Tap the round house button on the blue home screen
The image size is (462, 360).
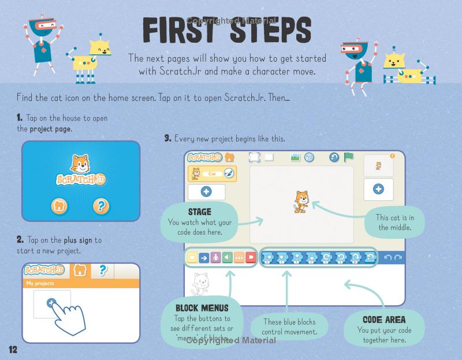pyautogui.click(x=59, y=205)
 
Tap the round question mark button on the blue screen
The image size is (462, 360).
pyautogui.click(x=101, y=205)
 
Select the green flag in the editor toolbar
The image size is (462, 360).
pyautogui.click(x=348, y=157)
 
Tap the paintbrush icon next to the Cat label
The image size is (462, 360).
pyautogui.click(x=228, y=173)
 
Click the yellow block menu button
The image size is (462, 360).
pyautogui.click(x=191, y=257)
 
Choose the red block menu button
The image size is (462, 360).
pyautogui.click(x=251, y=257)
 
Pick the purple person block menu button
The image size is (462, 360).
pyautogui.click(x=215, y=257)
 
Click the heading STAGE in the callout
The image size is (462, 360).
pyautogui.click(x=199, y=212)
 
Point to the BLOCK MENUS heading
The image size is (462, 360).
pyautogui.click(x=202, y=307)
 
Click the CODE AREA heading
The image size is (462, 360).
pyautogui.click(x=384, y=319)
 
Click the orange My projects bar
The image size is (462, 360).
pyautogui.click(x=81, y=283)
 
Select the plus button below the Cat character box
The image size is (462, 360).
pyautogui.click(x=206, y=192)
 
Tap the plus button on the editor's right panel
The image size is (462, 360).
pyautogui.click(x=378, y=189)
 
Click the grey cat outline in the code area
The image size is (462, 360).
pyautogui.click(x=200, y=284)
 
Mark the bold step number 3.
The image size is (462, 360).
pyautogui.click(x=167, y=138)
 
